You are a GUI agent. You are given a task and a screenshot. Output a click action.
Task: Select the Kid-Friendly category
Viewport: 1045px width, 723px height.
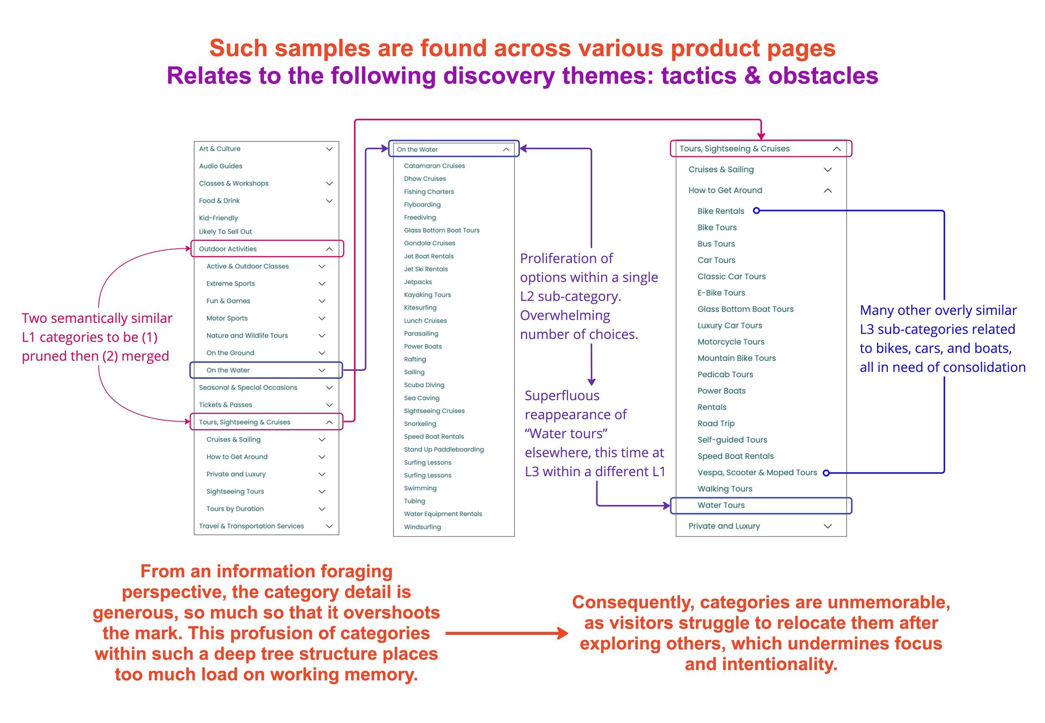tap(218, 218)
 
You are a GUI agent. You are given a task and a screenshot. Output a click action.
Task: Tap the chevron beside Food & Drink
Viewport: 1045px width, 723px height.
tap(329, 201)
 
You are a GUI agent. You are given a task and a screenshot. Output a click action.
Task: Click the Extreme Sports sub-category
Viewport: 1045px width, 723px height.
tap(230, 284)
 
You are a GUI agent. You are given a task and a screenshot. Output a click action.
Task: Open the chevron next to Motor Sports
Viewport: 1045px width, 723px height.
tap(322, 319)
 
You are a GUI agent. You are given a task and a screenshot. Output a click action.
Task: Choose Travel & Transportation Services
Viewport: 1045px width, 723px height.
tap(251, 526)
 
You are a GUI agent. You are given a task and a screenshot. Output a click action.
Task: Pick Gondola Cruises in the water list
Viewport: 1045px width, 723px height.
tap(429, 243)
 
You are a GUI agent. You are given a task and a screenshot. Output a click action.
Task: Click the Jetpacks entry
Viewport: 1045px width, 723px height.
tap(418, 282)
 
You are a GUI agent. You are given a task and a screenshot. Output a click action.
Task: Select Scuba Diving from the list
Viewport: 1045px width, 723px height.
tap(424, 385)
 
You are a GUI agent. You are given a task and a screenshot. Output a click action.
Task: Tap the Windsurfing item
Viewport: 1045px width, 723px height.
tap(422, 527)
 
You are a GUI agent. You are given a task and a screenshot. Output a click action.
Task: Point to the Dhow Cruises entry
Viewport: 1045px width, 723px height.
tap(425, 179)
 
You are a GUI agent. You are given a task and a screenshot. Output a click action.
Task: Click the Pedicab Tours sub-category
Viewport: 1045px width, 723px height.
tap(725, 375)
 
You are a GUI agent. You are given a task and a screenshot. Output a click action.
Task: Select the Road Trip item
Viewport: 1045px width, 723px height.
tap(716, 424)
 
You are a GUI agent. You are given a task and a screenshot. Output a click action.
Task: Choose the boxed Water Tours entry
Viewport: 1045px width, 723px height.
tap(721, 505)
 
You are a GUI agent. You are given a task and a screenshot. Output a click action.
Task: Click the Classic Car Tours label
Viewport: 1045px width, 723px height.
tap(731, 276)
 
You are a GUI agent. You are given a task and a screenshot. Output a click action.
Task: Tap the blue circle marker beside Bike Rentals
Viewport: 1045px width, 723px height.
tap(756, 211)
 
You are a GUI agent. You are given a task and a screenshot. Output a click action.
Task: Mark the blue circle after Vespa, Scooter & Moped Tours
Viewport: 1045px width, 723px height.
tap(826, 473)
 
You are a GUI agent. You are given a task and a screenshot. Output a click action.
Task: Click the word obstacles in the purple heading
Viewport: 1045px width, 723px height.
tap(823, 76)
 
